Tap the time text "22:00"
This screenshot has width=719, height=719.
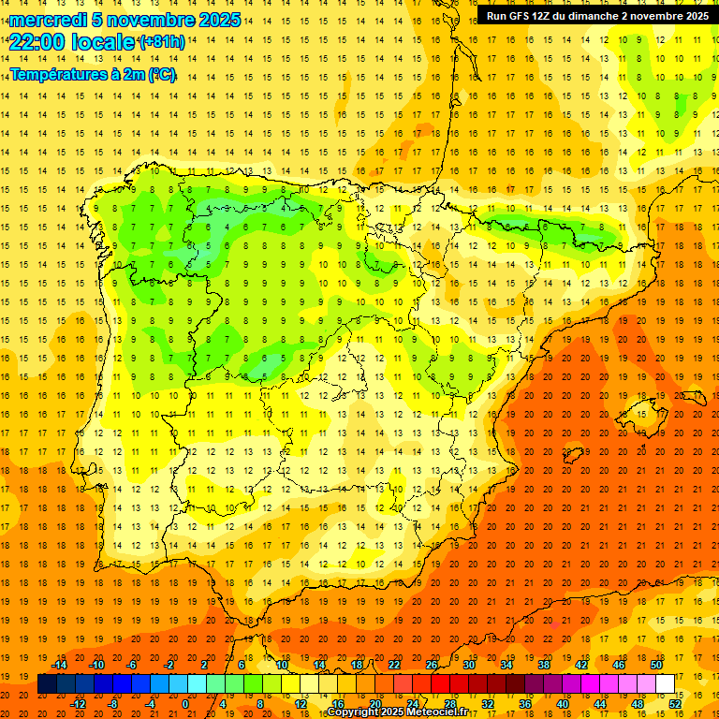click(x=37, y=42)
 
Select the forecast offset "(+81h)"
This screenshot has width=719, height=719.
click(x=161, y=42)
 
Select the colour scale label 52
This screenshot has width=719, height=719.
click(x=675, y=704)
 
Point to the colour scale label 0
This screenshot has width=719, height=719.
click(x=185, y=704)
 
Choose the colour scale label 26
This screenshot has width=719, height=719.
click(x=432, y=665)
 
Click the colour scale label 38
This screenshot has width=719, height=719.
click(x=543, y=665)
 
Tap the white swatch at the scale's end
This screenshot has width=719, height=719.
click(x=665, y=684)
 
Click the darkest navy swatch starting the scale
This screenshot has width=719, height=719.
click(x=47, y=684)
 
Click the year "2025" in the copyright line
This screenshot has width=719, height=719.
click(x=390, y=712)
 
